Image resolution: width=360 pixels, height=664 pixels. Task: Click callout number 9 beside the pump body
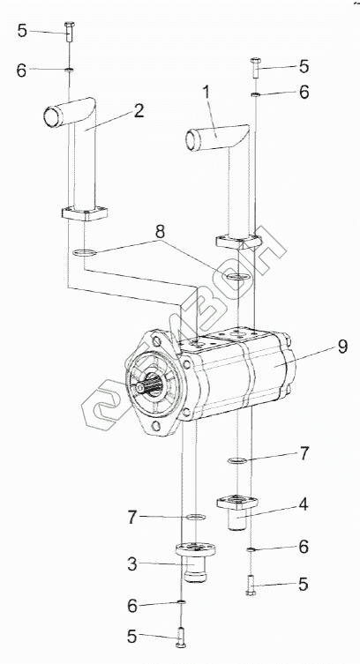pos(342,347)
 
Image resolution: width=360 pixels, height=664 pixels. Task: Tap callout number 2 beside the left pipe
pos(139,110)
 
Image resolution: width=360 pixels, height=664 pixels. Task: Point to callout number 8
pos(160,231)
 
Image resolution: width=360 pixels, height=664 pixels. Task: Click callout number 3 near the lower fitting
pos(132,564)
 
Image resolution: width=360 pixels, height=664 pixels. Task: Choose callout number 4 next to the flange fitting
pos(303,504)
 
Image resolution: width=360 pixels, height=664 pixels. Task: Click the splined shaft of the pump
pos(151,385)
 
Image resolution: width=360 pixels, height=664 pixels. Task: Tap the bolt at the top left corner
pos(69,32)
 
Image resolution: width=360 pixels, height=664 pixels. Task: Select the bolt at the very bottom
pos(181,637)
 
